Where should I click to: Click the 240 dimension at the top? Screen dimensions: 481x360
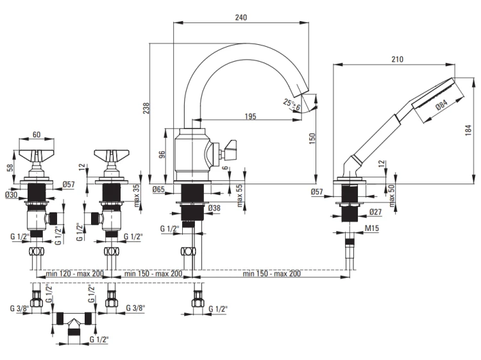click(x=240, y=17)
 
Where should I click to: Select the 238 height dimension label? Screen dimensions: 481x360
click(x=146, y=108)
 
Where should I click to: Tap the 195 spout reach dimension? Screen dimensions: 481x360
click(x=251, y=117)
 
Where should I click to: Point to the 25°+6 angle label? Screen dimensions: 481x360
click(x=292, y=104)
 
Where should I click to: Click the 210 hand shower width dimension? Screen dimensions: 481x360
click(x=397, y=59)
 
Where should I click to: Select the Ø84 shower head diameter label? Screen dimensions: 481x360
click(x=441, y=105)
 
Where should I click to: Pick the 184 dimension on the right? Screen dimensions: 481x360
click(x=468, y=130)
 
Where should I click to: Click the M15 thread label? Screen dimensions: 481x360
click(x=372, y=228)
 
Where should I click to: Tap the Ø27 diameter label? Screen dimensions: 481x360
click(x=375, y=212)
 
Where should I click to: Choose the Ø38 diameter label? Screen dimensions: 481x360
click(x=214, y=208)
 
